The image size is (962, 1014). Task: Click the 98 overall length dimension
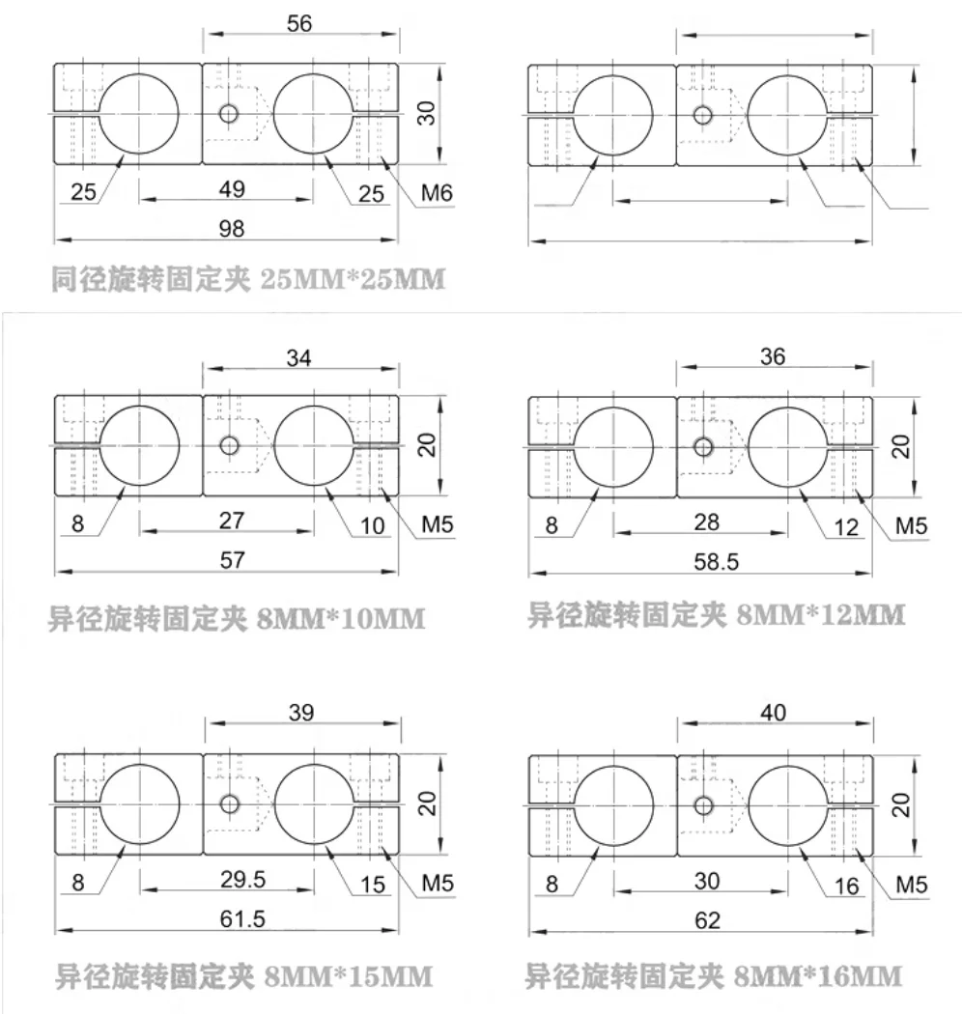(x=233, y=228)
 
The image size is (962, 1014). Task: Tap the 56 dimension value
(x=300, y=24)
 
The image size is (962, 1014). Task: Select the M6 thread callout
(x=438, y=194)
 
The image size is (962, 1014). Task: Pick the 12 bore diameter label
(x=847, y=526)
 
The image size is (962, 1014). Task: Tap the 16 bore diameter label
(x=847, y=886)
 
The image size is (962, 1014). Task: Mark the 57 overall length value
(x=233, y=559)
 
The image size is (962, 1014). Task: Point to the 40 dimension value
(x=773, y=713)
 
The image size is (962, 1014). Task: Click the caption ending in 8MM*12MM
(x=716, y=615)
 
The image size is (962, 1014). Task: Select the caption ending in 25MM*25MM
(x=247, y=281)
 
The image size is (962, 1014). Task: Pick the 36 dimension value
(x=773, y=355)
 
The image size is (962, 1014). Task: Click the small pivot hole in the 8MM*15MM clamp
(x=229, y=803)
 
